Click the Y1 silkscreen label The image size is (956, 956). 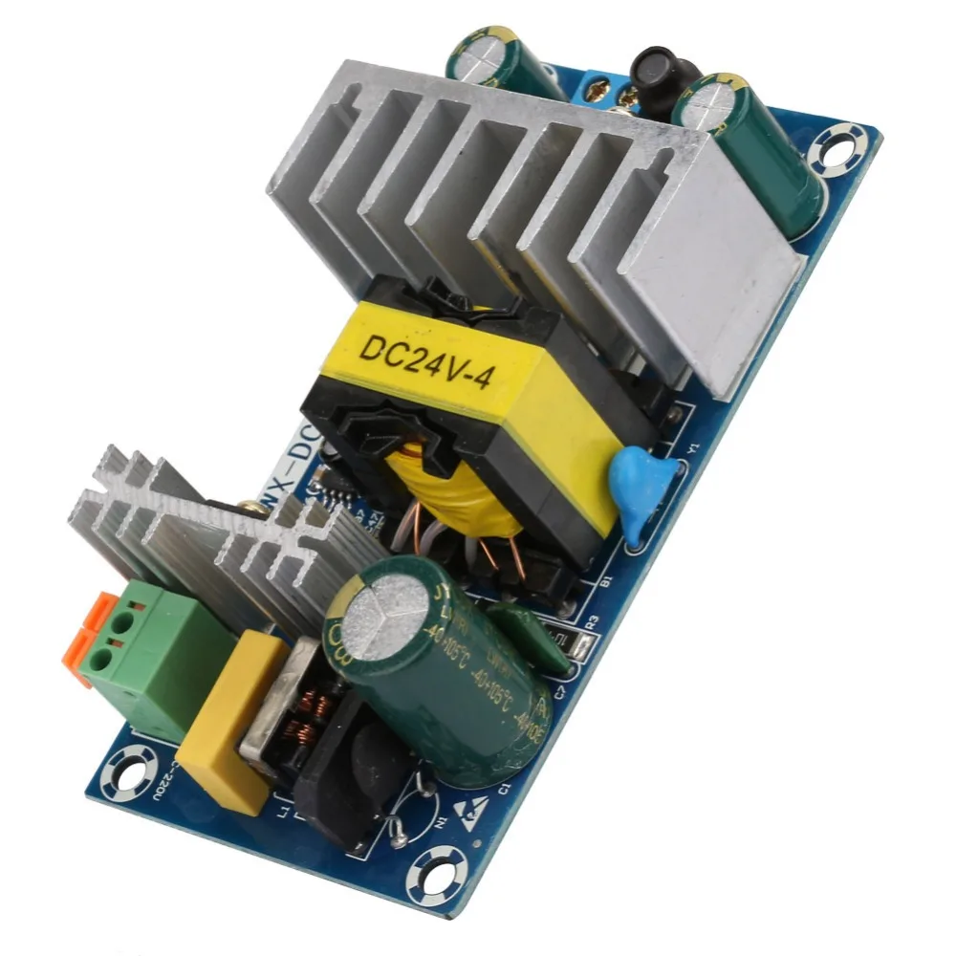pyautogui.click(x=695, y=446)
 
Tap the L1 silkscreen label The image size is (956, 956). pyautogui.click(x=284, y=814)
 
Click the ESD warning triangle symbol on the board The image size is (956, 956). pyautogui.click(x=469, y=812)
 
